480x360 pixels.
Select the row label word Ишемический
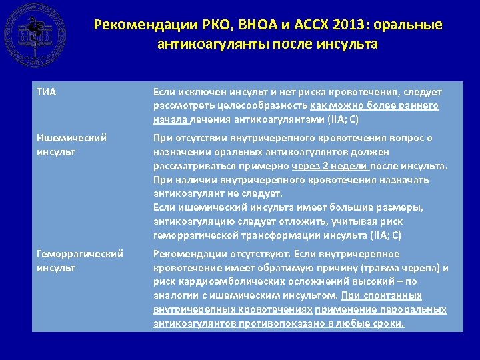point(71,138)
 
